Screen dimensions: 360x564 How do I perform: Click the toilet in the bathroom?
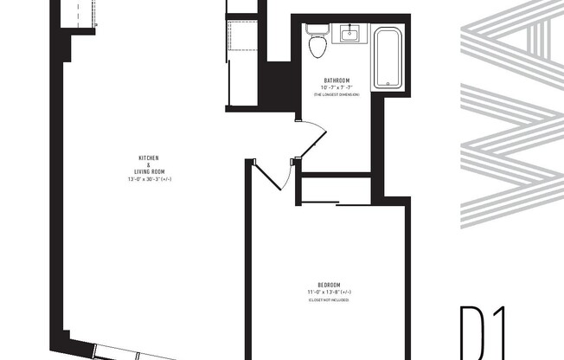(317, 45)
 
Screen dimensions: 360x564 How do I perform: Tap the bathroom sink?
(349, 35)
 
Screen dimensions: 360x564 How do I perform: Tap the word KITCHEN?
(149, 158)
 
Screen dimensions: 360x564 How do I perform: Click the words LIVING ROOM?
(149, 170)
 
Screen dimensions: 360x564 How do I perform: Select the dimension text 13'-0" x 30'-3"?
(149, 177)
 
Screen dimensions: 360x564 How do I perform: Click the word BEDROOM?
(329, 286)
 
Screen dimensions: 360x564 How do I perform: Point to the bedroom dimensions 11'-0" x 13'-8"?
(329, 292)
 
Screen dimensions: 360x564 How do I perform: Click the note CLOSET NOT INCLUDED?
(329, 299)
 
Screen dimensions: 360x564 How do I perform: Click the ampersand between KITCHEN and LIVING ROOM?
(149, 164)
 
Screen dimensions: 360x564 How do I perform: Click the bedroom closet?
(336, 190)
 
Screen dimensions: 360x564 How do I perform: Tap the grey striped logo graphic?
(510, 112)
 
